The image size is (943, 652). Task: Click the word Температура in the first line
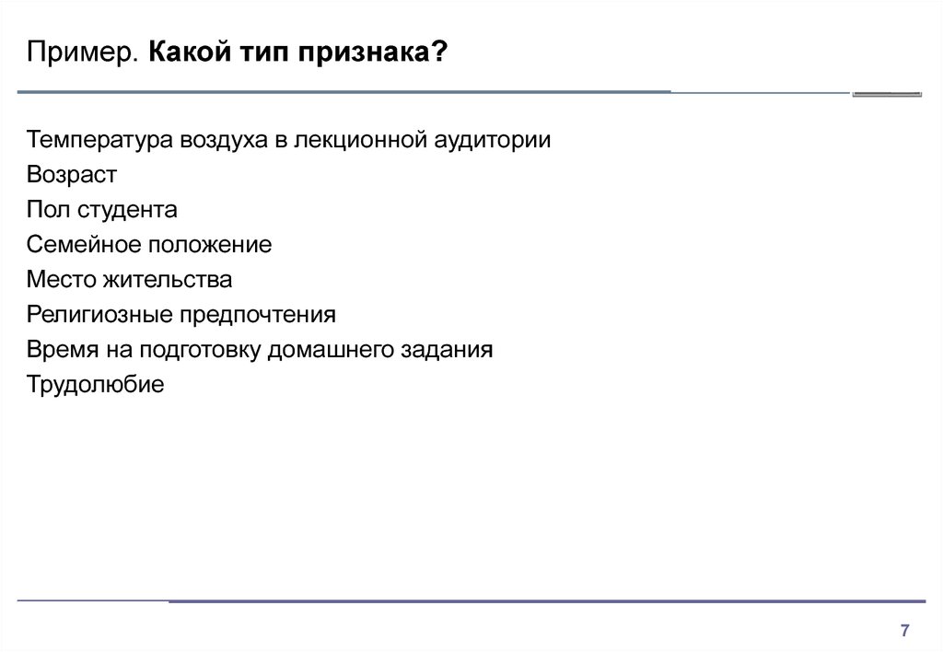pos(100,141)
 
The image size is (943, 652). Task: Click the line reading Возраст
pos(72,175)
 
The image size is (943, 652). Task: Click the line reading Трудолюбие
pos(96,384)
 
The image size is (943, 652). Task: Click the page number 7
pos(904,631)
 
